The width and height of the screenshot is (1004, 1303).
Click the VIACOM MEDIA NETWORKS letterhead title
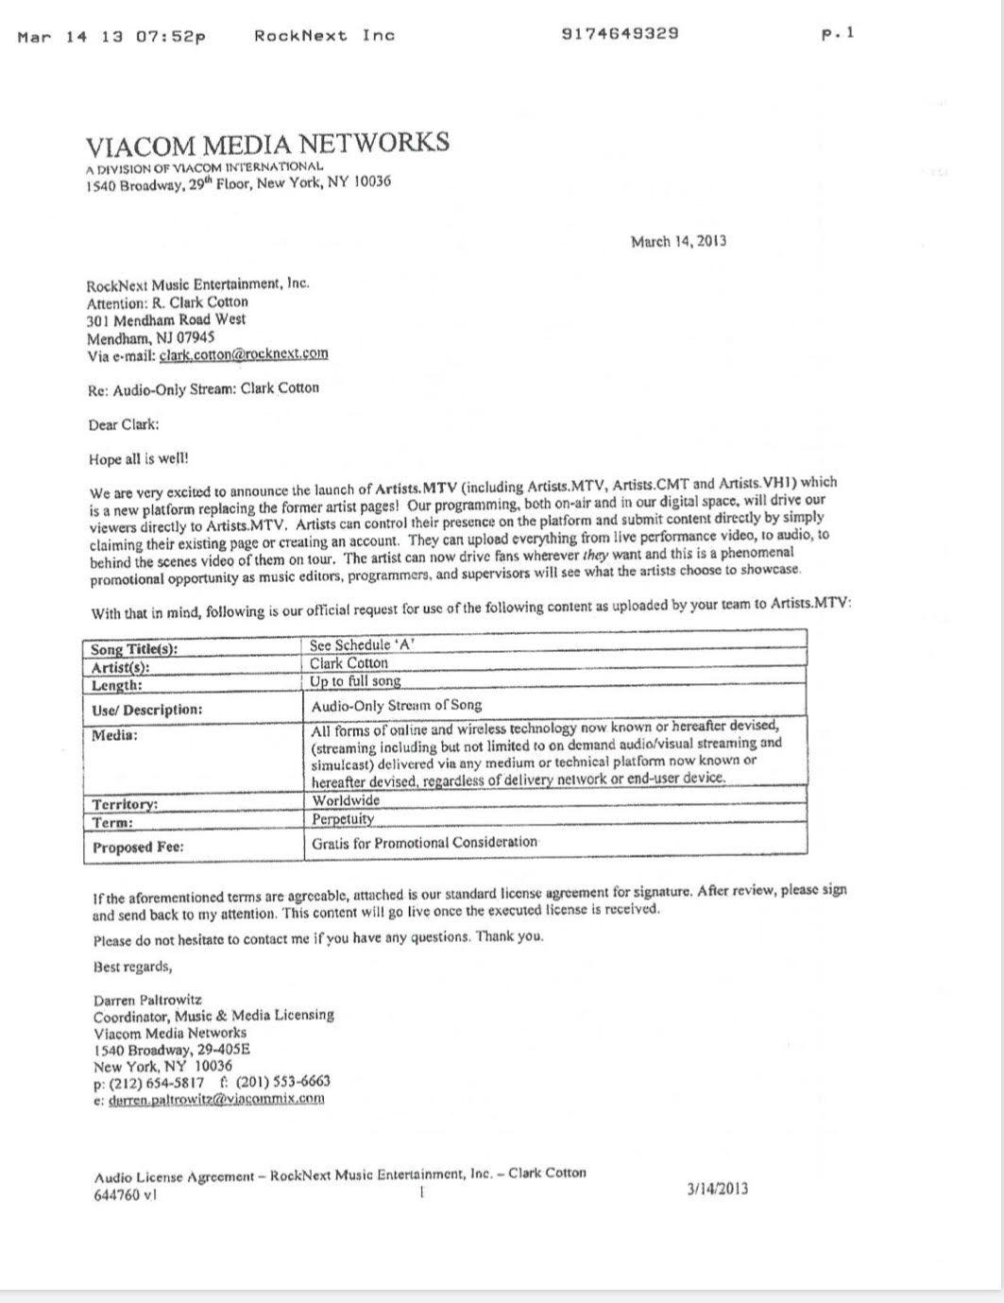[267, 145]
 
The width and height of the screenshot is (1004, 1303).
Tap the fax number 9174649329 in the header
[620, 34]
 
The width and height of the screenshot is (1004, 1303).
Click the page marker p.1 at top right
[838, 34]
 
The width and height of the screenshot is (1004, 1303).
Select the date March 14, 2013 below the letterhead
[678, 241]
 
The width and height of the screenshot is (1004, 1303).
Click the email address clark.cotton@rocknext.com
[244, 354]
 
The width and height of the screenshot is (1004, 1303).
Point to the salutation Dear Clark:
[124, 424]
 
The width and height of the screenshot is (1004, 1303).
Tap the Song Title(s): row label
[133, 649]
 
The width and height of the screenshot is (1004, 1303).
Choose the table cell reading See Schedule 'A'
[363, 645]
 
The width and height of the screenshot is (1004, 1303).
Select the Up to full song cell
[355, 680]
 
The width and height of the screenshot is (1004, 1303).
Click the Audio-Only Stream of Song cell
[397, 705]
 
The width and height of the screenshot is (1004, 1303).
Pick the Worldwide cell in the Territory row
[346, 800]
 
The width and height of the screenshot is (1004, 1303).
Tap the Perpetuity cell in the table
[343, 819]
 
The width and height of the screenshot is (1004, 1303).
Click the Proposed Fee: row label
[138, 847]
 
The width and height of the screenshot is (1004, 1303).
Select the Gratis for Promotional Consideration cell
[424, 842]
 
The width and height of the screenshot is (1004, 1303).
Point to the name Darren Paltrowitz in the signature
[147, 999]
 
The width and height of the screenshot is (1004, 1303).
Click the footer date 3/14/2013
[717, 1189]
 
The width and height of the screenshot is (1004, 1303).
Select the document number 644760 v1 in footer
[126, 1194]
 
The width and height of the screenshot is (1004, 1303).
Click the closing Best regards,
[132, 967]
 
